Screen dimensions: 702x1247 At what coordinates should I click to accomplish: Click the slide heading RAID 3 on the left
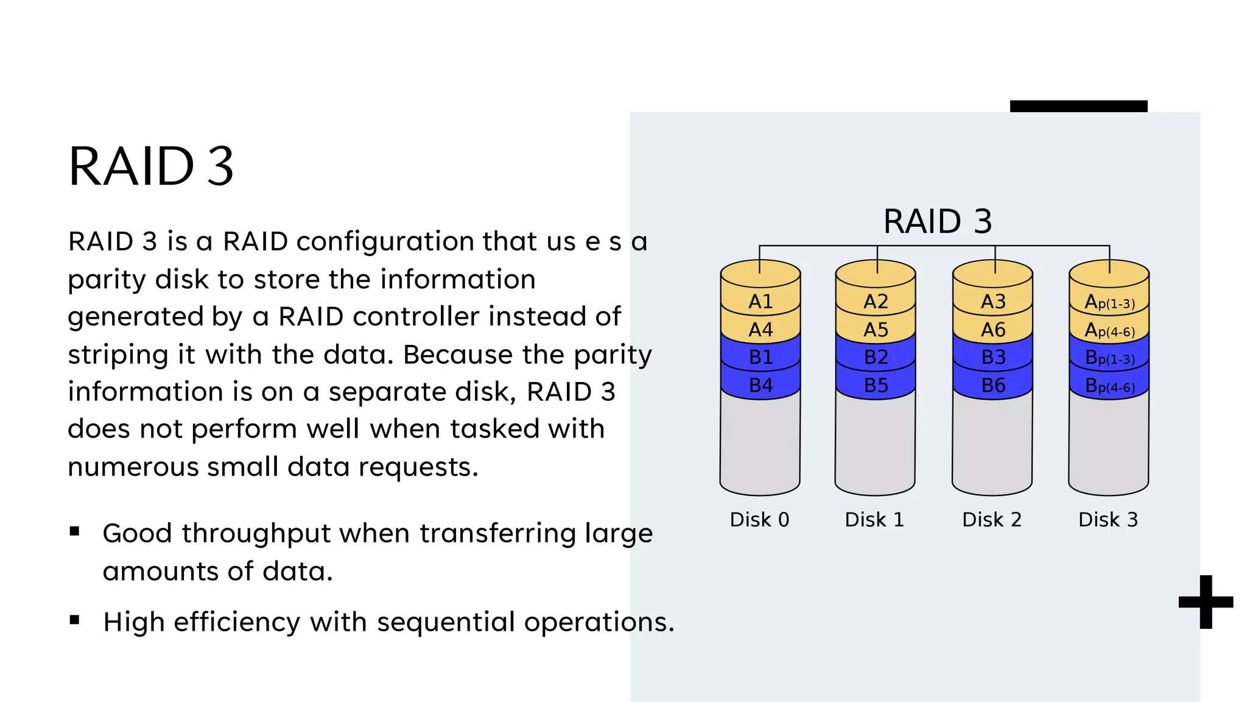click(x=151, y=166)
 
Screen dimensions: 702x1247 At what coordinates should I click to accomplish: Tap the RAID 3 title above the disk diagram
click(x=937, y=221)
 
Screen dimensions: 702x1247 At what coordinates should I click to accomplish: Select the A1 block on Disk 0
click(x=760, y=302)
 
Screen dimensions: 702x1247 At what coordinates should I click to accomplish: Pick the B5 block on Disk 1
click(x=876, y=385)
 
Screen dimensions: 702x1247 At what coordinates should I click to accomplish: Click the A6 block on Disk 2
click(x=992, y=330)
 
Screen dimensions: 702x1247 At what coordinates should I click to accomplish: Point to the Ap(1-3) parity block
click(x=1109, y=302)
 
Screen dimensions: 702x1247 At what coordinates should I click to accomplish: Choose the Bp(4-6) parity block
click(x=1109, y=386)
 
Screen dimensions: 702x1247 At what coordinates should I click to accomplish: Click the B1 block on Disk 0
click(x=760, y=357)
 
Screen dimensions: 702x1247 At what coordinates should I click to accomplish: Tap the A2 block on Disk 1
click(x=876, y=302)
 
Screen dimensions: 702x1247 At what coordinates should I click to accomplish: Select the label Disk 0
click(x=759, y=520)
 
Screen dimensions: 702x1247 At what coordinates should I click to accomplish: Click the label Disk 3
click(x=1108, y=520)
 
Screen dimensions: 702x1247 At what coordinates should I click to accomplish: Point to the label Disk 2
click(x=991, y=520)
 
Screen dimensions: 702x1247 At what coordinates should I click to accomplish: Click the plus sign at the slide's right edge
click(x=1206, y=602)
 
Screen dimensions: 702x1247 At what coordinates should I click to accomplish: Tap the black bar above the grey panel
click(x=1078, y=106)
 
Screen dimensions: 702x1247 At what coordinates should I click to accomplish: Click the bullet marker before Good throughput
click(x=75, y=531)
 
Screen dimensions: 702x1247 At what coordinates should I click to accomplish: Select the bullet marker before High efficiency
click(x=75, y=620)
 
